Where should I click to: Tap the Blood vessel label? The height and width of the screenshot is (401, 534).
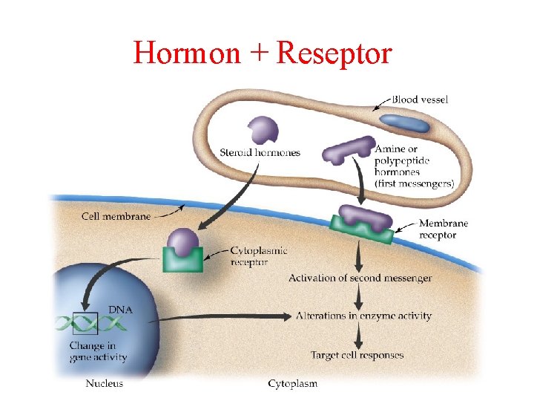(x=420, y=100)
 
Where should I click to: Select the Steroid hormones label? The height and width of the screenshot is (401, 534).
(x=260, y=153)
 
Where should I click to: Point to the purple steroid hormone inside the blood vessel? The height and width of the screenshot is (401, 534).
(x=263, y=130)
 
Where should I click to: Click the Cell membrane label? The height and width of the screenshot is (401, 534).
(x=114, y=217)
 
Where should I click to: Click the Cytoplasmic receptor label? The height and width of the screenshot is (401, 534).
(x=259, y=256)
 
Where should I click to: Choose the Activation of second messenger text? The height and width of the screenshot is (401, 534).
(x=360, y=278)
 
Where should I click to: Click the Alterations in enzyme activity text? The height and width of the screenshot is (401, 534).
(x=363, y=316)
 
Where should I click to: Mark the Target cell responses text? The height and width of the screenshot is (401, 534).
(x=357, y=356)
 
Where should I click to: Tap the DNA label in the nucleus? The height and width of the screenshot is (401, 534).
(x=122, y=309)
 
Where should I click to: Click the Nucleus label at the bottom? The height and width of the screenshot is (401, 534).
(x=105, y=383)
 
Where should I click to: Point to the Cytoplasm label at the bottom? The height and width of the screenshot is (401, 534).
(x=292, y=383)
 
